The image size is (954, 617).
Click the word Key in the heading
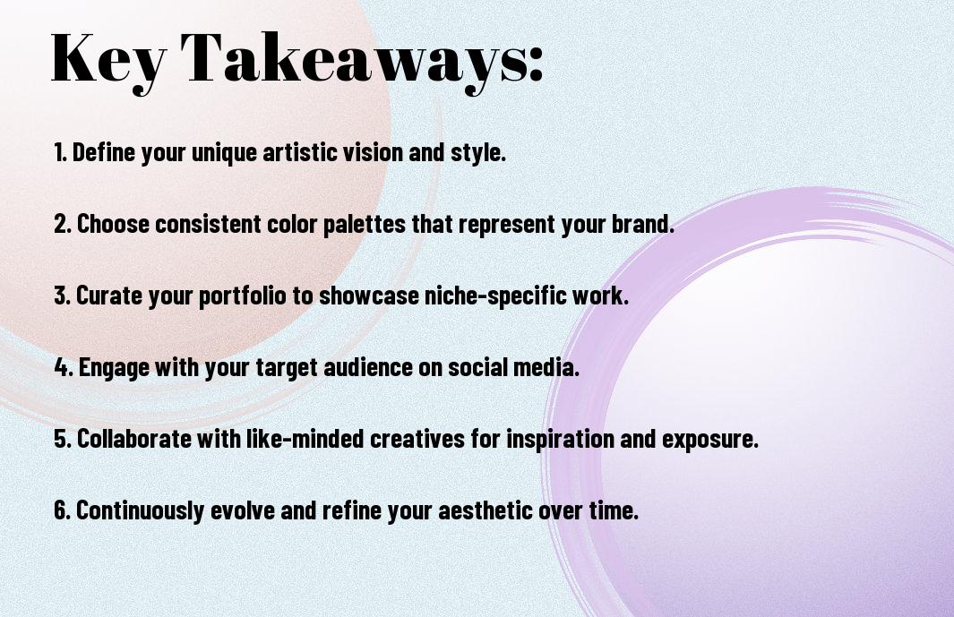pyautogui.click(x=108, y=61)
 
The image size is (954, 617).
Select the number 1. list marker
pyautogui.click(x=60, y=151)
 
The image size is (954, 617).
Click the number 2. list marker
pyautogui.click(x=63, y=223)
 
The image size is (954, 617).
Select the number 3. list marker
pyautogui.click(x=63, y=296)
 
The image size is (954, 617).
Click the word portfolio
pyautogui.click(x=242, y=296)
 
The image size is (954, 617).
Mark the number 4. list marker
pyautogui.click(x=64, y=367)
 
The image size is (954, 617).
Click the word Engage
pyautogui.click(x=114, y=368)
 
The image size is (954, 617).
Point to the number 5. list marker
pyautogui.click(x=63, y=439)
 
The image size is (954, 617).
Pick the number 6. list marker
pyautogui.click(x=63, y=510)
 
